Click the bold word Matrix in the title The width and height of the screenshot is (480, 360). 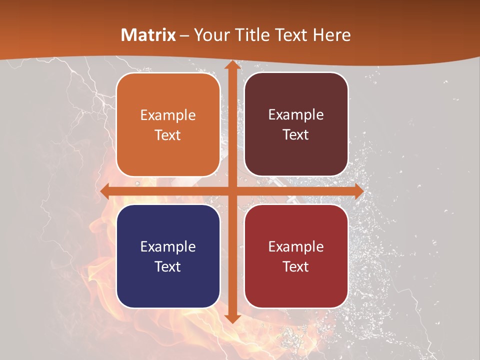tap(148, 35)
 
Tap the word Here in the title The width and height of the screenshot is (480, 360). tap(331, 35)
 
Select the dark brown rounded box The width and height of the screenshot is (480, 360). tap(296, 155)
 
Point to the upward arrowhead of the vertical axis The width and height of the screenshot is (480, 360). tap(232, 64)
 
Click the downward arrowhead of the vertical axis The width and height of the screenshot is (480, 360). tap(232, 318)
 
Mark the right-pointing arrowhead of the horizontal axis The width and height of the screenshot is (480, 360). tap(358, 191)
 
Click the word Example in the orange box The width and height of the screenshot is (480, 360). tap(168, 115)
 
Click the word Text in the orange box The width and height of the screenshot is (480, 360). tap(168, 135)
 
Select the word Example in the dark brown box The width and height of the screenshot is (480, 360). tap(296, 115)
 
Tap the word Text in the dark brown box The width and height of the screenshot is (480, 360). tap(296, 135)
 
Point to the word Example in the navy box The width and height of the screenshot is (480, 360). tap(168, 246)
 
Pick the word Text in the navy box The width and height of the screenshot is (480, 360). tap(168, 266)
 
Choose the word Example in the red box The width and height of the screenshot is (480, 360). tap(296, 246)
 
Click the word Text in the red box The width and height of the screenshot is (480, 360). tap(296, 266)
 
